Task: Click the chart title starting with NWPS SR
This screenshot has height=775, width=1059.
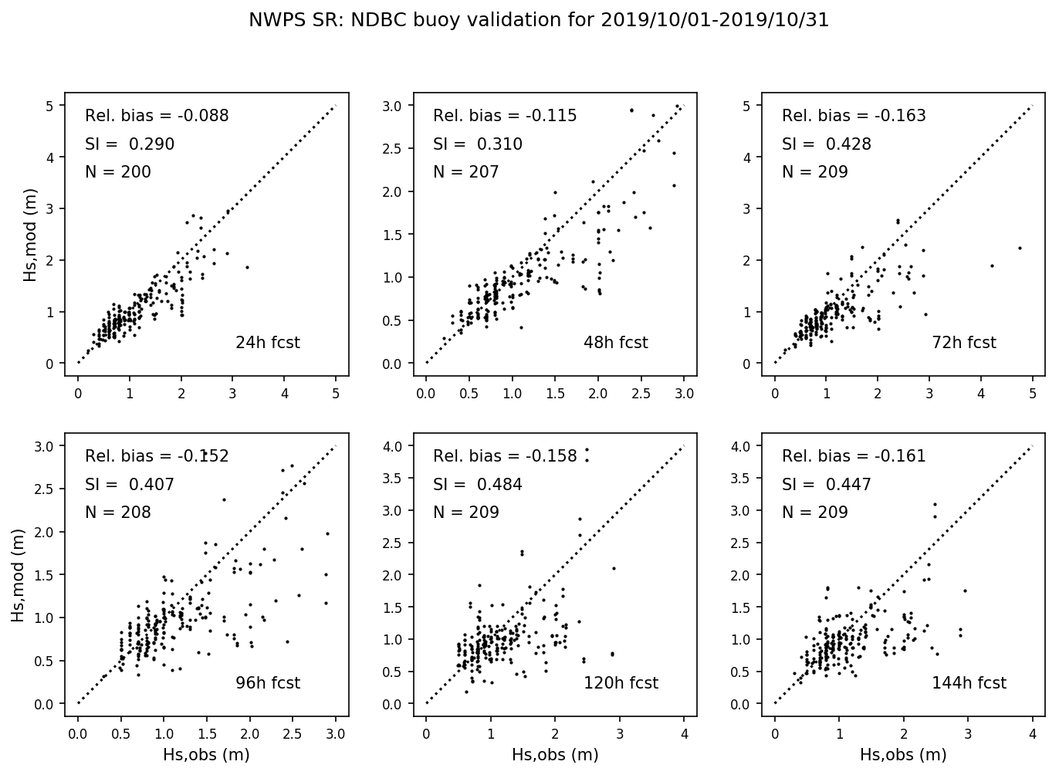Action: click(538, 21)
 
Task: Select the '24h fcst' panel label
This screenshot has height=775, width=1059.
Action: click(267, 343)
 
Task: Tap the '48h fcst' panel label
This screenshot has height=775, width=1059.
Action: click(615, 343)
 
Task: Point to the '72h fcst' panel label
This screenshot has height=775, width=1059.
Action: click(964, 343)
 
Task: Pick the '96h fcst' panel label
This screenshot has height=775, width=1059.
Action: click(267, 683)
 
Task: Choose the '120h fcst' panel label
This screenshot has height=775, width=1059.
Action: click(621, 683)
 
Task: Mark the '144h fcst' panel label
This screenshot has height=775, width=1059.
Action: click(969, 683)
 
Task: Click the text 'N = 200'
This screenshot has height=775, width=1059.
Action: click(117, 172)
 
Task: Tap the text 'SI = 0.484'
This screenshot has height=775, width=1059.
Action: click(477, 485)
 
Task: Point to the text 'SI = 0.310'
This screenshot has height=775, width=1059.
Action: click(477, 144)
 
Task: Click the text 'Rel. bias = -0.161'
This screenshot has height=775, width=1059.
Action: click(853, 456)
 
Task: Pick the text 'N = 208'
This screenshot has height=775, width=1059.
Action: click(117, 513)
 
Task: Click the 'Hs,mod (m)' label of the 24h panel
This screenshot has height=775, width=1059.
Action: click(31, 233)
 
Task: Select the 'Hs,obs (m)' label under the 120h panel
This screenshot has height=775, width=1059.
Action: click(555, 755)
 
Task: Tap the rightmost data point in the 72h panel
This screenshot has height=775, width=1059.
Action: click(1020, 248)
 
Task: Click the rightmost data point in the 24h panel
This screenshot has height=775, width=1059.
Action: click(247, 267)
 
